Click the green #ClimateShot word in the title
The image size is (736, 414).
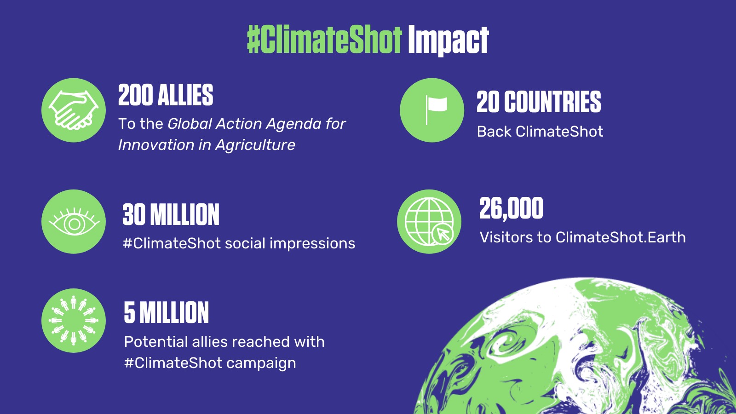[324, 40]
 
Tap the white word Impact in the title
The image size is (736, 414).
[448, 40]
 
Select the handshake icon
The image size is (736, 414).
[74, 110]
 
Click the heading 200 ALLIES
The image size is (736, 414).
[166, 95]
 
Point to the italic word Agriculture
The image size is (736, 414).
[255, 145]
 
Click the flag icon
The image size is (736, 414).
[432, 110]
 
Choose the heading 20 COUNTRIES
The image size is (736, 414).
[539, 102]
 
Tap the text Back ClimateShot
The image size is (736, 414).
[540, 132]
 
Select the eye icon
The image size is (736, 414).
[74, 222]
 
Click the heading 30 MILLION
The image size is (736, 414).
[171, 215]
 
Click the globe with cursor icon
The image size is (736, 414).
[429, 222]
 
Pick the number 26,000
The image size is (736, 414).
[511, 208]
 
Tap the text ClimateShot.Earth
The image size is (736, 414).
[621, 237]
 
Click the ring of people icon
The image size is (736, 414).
[74, 321]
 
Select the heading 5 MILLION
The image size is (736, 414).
[166, 313]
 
